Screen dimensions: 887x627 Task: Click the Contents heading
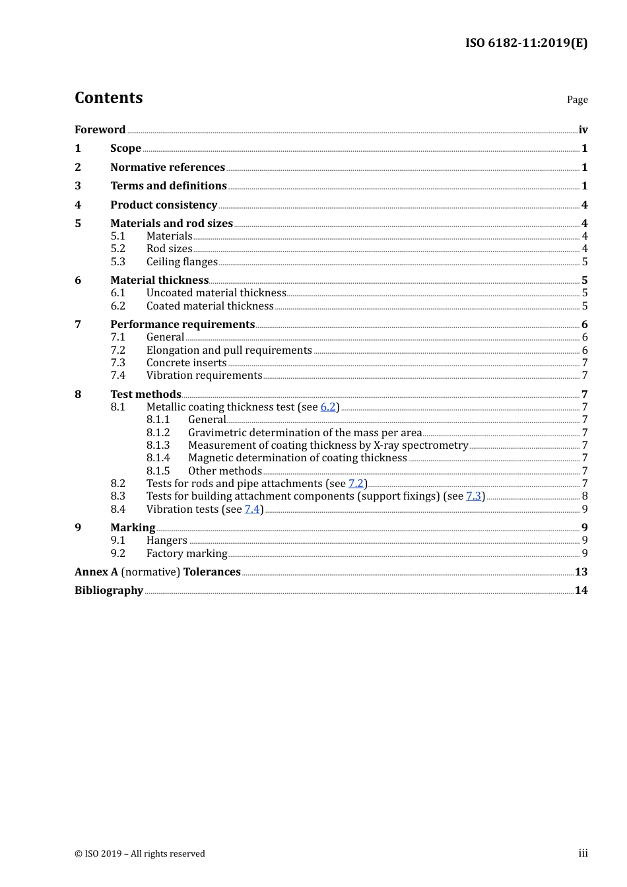tap(108, 98)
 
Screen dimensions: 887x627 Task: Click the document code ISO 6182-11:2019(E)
tap(526, 43)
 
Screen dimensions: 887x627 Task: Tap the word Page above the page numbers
tap(577, 100)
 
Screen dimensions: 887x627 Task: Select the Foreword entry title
tap(100, 129)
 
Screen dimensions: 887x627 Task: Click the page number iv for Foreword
tap(583, 130)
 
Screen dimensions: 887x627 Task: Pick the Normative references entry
tap(168, 167)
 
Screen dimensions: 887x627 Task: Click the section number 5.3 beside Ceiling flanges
tap(117, 261)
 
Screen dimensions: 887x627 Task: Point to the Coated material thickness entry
tap(210, 306)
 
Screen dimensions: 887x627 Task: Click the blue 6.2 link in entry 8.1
tap(328, 407)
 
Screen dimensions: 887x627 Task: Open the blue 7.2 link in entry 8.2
tap(356, 483)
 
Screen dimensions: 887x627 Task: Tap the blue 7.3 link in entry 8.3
tap(473, 496)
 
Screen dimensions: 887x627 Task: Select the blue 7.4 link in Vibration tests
tap(252, 509)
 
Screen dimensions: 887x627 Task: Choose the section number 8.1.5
tap(158, 471)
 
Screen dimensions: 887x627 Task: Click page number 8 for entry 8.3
tap(585, 496)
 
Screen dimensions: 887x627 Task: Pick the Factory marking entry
tap(187, 553)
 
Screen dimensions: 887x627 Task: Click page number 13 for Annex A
tap(581, 572)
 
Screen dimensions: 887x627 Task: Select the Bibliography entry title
tap(109, 590)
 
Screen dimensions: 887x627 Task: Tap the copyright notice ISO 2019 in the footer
tap(140, 853)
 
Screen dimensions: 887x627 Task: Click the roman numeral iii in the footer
tap(583, 853)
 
